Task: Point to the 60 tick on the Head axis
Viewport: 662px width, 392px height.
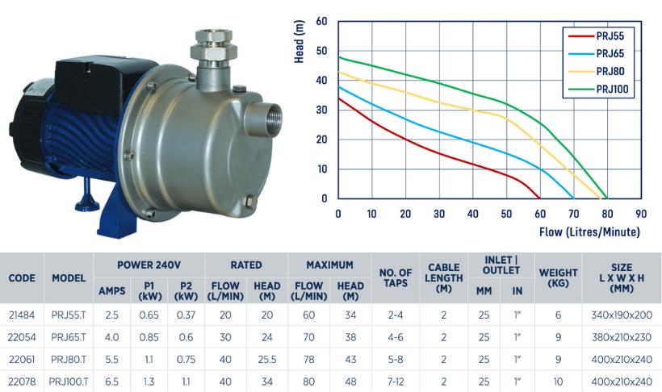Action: [x=322, y=21]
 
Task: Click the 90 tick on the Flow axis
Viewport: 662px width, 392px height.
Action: [x=640, y=214]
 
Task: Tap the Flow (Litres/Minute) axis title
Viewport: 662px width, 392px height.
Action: [x=589, y=231]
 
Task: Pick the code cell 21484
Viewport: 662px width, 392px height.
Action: [x=22, y=315]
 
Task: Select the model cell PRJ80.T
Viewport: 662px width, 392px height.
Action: [x=69, y=357]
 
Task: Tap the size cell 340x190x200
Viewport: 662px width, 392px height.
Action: [x=621, y=315]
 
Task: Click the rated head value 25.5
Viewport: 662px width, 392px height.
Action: [x=266, y=357]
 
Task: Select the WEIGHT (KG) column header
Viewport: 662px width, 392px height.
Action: [x=558, y=278]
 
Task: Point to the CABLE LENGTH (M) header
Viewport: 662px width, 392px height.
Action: [x=443, y=278]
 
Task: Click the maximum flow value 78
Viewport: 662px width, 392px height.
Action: [x=308, y=357]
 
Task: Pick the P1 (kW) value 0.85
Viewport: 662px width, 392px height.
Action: [x=148, y=336]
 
